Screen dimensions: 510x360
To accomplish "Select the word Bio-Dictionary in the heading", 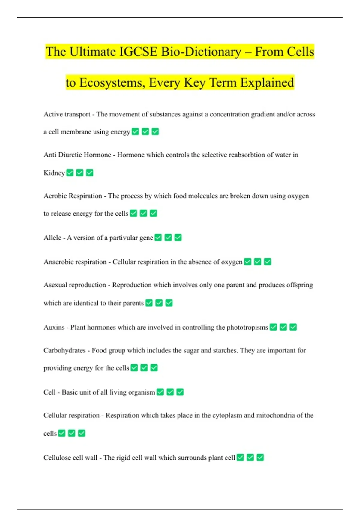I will point(201,52).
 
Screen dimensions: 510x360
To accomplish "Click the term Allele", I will point(52,238).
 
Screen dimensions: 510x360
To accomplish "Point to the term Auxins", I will point(54,327).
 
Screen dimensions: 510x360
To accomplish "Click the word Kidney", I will point(54,173).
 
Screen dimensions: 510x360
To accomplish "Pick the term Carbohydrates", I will point(64,350).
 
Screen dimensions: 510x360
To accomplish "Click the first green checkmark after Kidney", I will point(70,173).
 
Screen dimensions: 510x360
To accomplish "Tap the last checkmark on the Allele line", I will point(178,238).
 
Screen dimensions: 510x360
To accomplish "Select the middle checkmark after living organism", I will point(170,392).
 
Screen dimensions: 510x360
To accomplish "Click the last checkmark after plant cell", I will point(260,457).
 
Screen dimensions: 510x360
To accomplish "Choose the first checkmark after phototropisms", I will point(273,327).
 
